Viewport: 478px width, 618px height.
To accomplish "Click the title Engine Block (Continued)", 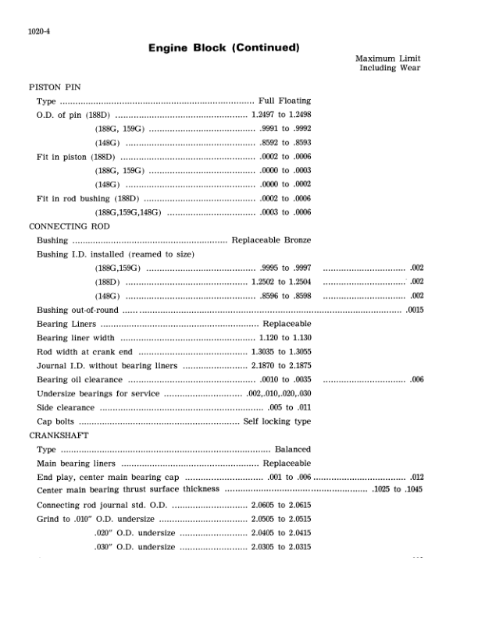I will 224,48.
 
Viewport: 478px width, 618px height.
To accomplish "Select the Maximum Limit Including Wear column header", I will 388,63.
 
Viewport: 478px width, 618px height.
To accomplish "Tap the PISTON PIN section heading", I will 54,87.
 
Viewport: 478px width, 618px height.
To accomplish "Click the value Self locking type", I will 277,421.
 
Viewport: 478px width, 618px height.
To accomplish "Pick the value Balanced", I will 293,449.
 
